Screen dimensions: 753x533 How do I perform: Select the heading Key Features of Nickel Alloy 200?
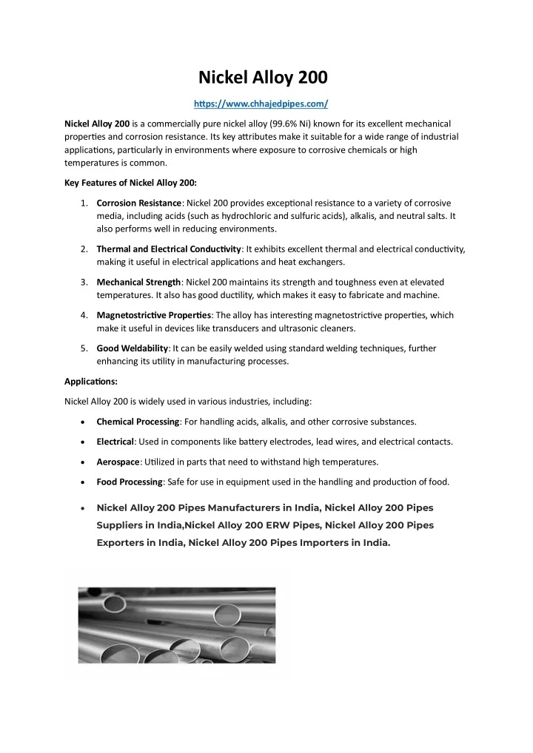pos(130,183)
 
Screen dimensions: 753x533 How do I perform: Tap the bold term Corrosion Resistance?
pos(139,203)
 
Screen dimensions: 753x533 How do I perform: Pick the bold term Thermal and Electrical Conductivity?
pos(169,249)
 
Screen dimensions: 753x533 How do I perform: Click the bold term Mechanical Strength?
pos(138,282)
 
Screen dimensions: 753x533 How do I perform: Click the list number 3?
pos(86,282)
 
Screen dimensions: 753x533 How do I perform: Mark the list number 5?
pos(86,348)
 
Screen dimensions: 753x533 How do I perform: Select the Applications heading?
pos(90,382)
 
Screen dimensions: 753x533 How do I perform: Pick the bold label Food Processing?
pos(130,482)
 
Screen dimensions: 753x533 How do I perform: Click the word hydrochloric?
pos(244,216)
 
